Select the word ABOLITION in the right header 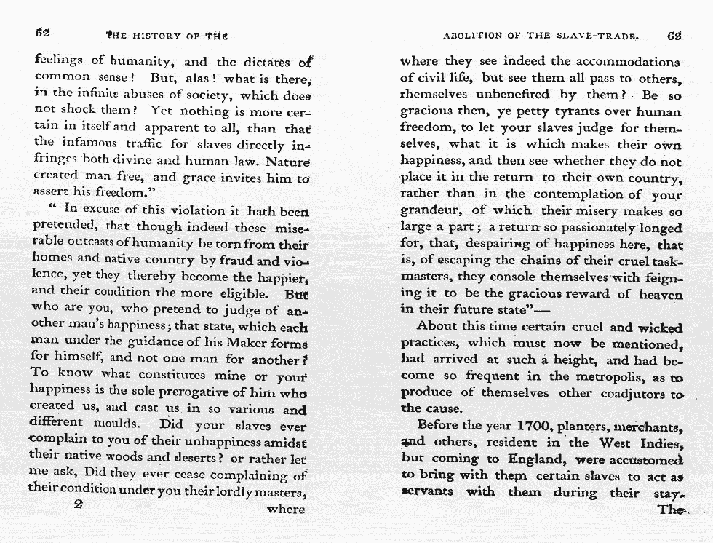[x=474, y=36]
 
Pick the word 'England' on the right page [x=538, y=459]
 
